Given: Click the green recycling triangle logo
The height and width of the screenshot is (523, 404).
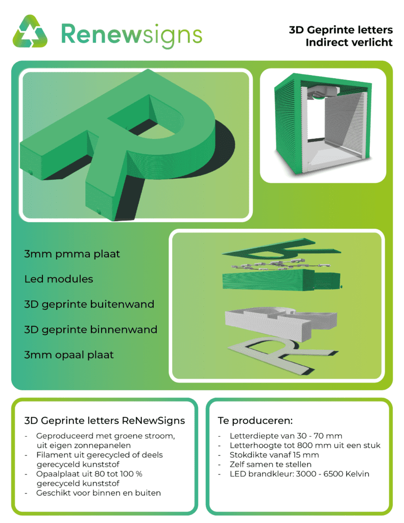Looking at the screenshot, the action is [30, 31].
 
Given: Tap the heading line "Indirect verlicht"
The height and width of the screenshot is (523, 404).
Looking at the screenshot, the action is [349, 42].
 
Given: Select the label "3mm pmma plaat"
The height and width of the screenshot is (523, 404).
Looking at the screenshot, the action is [72, 254].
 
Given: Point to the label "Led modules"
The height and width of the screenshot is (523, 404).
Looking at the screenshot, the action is [59, 279].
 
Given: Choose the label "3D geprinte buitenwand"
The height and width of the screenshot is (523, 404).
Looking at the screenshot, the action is [89, 304].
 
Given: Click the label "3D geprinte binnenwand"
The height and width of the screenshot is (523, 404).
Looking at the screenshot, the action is [91, 330].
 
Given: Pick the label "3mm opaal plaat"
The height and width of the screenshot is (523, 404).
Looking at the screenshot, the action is [69, 355].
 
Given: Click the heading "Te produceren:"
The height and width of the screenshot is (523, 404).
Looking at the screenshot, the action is [255, 421].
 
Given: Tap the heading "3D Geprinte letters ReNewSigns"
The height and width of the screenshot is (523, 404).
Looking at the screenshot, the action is [104, 421].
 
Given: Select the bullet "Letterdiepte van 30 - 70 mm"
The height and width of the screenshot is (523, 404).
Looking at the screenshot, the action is [286, 436].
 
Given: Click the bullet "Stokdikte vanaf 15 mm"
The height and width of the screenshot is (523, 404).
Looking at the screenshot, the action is [274, 455].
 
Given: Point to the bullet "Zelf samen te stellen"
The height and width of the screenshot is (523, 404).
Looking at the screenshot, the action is [271, 464].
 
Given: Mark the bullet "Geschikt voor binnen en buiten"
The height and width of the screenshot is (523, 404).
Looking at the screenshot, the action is [99, 493].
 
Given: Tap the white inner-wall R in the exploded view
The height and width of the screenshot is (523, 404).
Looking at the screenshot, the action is [281, 323].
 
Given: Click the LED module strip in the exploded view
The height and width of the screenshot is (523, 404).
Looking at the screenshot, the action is [281, 264].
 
